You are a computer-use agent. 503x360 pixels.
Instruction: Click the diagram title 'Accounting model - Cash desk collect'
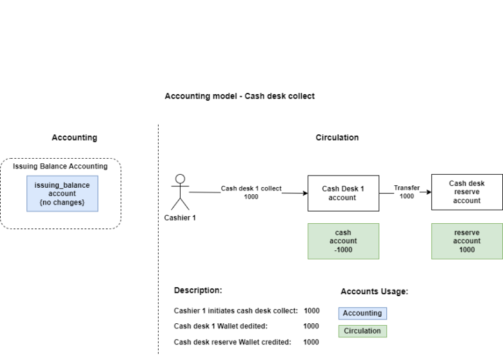pos(239,96)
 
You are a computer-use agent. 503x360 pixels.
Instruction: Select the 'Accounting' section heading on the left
pos(74,137)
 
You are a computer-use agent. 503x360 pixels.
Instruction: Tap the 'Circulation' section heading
pos(337,137)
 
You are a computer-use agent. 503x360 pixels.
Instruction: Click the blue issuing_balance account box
pos(62,194)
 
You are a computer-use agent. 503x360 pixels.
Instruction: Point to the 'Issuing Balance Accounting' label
pos(60,166)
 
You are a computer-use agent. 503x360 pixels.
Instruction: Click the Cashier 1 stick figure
pos(181,192)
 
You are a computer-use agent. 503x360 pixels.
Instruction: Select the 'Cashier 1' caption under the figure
pos(180,217)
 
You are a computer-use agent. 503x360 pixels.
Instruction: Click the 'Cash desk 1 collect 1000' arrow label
pos(251,192)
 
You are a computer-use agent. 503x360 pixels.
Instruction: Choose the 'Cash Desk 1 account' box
pos(343,193)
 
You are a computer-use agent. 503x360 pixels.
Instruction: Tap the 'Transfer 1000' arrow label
pos(406,192)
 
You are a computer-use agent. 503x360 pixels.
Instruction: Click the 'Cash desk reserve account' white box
pos(466,192)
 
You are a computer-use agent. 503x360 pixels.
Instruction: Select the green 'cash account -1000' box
pos(343,241)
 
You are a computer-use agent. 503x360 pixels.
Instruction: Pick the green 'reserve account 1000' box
pos(466,241)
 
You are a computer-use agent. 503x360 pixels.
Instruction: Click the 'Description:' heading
pos(198,290)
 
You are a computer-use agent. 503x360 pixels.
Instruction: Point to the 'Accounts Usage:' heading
pos(374,292)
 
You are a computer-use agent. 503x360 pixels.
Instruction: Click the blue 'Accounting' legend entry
pos(362,314)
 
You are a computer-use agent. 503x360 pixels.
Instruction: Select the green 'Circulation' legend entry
pos(362,331)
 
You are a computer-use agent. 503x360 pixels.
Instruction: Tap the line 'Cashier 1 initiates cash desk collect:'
pos(235,311)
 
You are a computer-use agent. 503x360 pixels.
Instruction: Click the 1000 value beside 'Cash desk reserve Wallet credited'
pos(311,342)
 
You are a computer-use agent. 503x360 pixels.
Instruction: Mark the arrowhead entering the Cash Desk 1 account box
pos(304,193)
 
